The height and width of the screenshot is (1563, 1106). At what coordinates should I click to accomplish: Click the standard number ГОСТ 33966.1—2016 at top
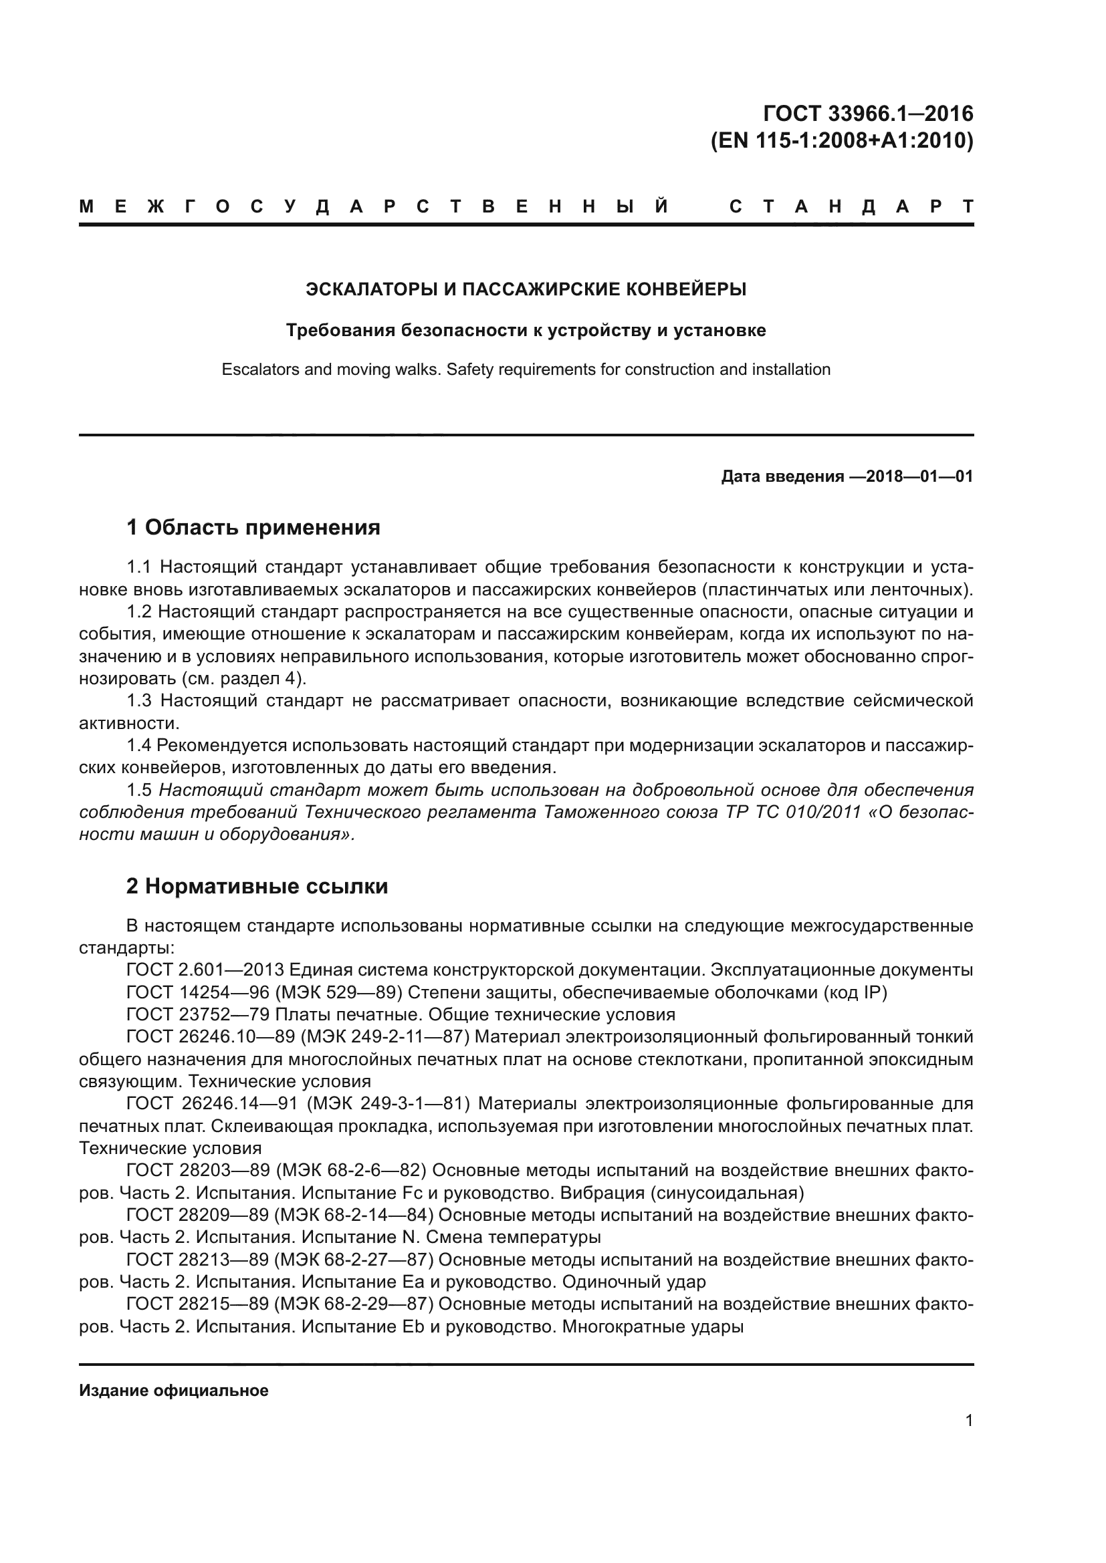click(x=868, y=113)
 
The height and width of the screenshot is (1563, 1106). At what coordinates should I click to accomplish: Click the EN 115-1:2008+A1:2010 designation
click(x=842, y=140)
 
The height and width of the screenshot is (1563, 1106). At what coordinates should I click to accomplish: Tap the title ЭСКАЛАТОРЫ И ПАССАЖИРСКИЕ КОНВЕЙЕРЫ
click(x=526, y=289)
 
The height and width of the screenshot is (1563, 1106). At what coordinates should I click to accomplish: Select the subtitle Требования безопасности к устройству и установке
click(x=526, y=330)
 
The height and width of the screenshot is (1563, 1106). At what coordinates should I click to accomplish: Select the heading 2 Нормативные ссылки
click(x=257, y=886)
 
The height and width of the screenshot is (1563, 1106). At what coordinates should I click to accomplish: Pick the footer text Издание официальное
click(x=174, y=1391)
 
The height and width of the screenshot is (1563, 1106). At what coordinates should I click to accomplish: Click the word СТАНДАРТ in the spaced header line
click(x=851, y=207)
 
